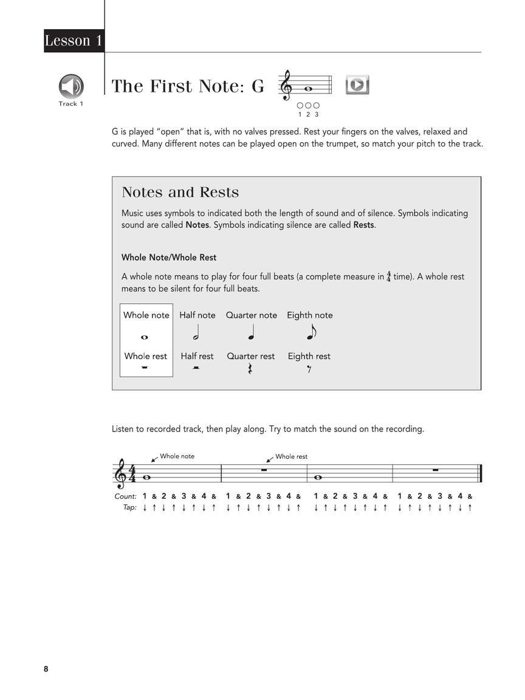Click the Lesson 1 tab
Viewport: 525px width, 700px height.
point(74,41)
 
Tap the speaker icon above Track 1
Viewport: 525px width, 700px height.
point(71,86)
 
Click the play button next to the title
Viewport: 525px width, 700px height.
point(357,85)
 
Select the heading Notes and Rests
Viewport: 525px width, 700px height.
point(180,193)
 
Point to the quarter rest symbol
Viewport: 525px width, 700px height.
point(250,369)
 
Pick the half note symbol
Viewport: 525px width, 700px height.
point(196,334)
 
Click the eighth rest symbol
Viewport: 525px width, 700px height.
point(309,369)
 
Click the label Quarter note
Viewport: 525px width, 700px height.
point(252,315)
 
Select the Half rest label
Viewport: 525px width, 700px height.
point(197,357)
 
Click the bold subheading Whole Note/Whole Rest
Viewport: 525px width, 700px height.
point(169,258)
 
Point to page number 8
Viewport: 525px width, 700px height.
point(46,669)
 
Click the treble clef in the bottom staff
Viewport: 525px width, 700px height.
point(121,474)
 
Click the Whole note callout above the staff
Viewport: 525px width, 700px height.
point(177,456)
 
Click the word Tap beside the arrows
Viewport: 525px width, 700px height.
point(129,507)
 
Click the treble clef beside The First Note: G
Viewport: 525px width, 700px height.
point(286,86)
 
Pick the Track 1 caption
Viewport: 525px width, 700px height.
point(70,104)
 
